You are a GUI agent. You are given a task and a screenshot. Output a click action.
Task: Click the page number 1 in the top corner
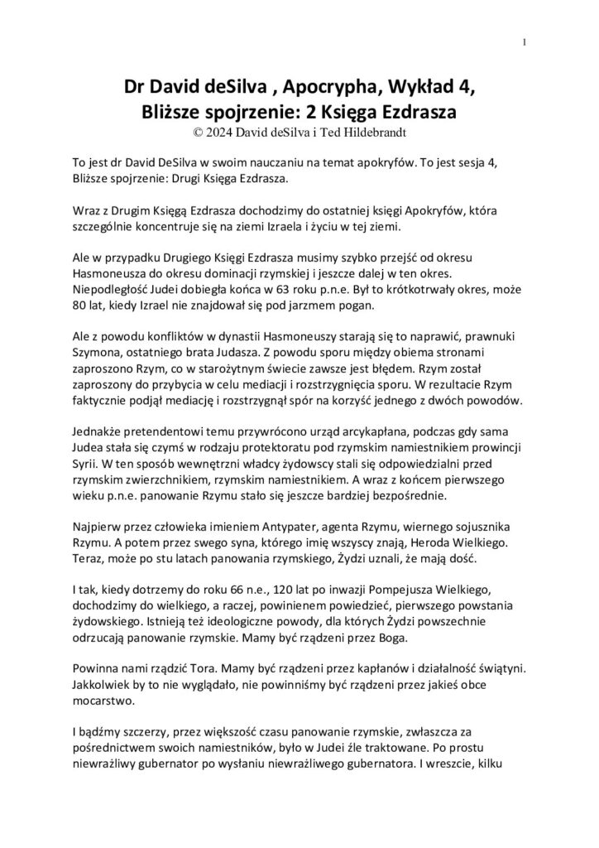(x=525, y=44)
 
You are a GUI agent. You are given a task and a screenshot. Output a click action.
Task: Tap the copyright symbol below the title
(x=196, y=130)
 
